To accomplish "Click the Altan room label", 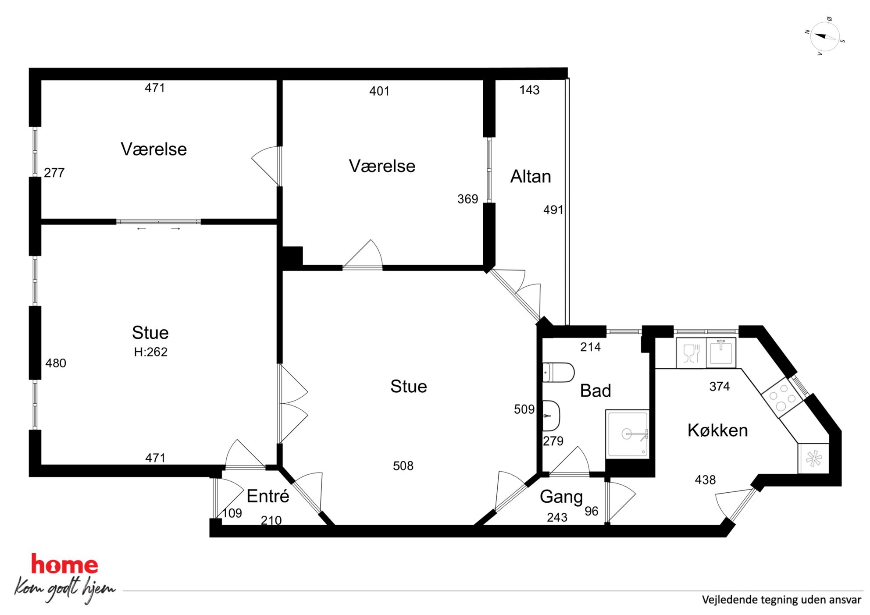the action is pyautogui.click(x=531, y=176).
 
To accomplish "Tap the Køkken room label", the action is pyautogui.click(x=717, y=430).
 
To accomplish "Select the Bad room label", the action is pyautogui.click(x=595, y=391).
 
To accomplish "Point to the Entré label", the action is pyautogui.click(x=268, y=496).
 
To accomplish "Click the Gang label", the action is pyautogui.click(x=561, y=497).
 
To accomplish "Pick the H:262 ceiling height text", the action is pyautogui.click(x=150, y=352).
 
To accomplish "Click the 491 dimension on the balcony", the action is pyautogui.click(x=553, y=210).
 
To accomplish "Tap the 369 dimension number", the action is pyautogui.click(x=467, y=199).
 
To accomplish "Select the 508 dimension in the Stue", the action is pyautogui.click(x=403, y=466).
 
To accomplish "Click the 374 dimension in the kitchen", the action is pyautogui.click(x=720, y=386).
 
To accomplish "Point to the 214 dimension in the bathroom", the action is pyautogui.click(x=590, y=347).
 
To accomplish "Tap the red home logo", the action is pyautogui.click(x=64, y=565).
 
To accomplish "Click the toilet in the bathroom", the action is pyautogui.click(x=558, y=373).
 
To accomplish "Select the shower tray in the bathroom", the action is pyautogui.click(x=627, y=434).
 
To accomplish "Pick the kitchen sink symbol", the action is pyautogui.click(x=721, y=352).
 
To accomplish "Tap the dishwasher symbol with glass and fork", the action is pyautogui.click(x=691, y=353).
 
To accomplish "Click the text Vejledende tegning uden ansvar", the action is pyautogui.click(x=781, y=600).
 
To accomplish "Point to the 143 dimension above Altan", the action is pyautogui.click(x=529, y=90).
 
